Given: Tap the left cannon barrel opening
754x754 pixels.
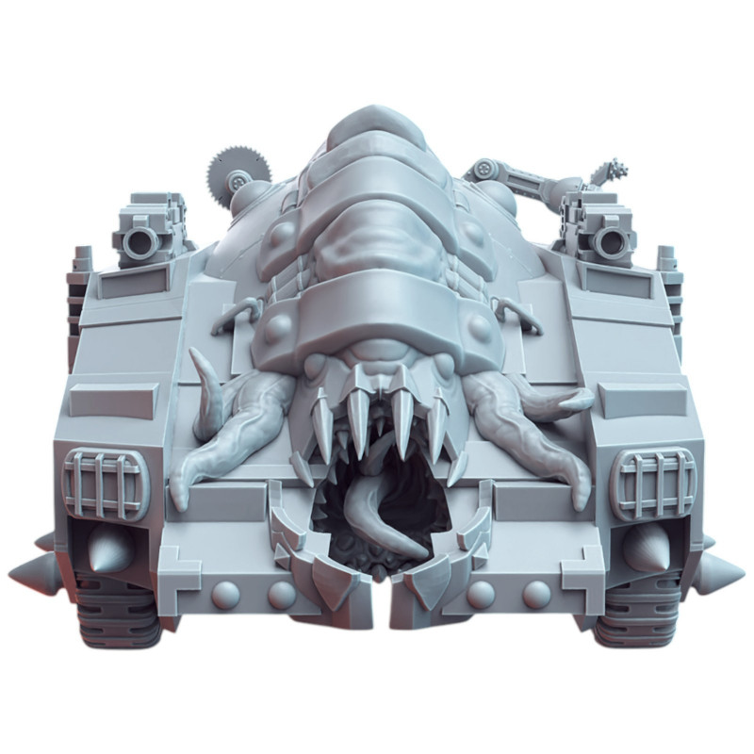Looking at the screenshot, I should point(142,242).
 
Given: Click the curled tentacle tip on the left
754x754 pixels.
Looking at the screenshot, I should point(200,363).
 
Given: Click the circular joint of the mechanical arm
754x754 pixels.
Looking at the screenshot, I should point(484,170).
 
